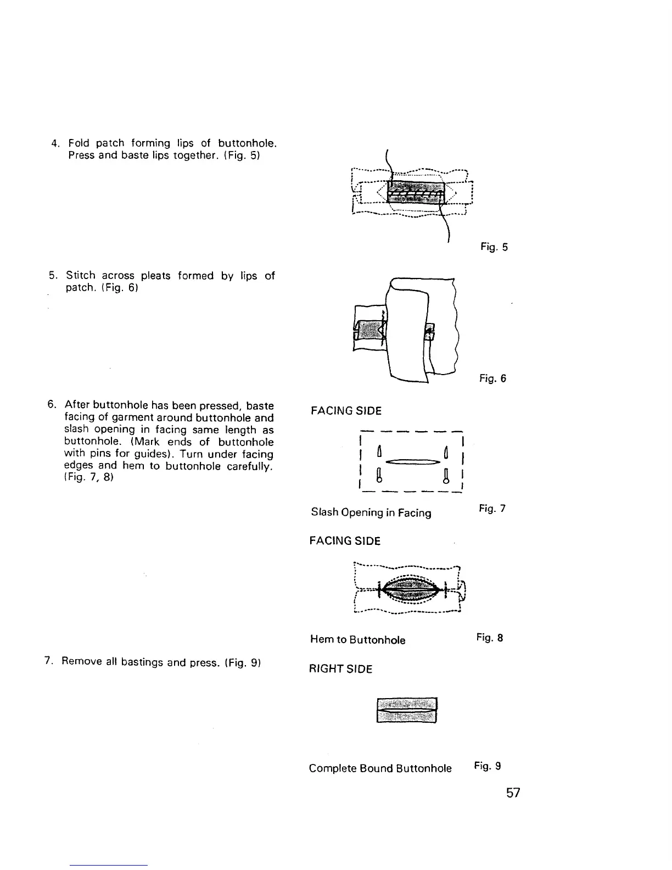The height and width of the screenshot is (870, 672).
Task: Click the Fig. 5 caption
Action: (x=494, y=247)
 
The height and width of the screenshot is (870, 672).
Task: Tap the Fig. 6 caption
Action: (x=492, y=378)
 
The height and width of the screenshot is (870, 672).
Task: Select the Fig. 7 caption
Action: (x=491, y=509)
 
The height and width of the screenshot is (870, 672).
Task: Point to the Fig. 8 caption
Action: (x=490, y=638)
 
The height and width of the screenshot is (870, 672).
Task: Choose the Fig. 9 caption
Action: (x=487, y=766)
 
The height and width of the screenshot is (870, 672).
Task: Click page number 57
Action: (x=513, y=793)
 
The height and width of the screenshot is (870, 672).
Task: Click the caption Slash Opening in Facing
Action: (x=371, y=512)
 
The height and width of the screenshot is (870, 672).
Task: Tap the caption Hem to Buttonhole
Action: (x=357, y=640)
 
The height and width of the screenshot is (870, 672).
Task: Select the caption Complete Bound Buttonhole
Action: (x=380, y=768)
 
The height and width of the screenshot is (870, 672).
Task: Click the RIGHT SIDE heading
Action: (x=340, y=669)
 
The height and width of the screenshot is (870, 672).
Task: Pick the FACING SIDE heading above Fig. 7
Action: (x=346, y=411)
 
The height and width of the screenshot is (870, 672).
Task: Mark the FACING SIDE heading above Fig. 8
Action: (x=345, y=541)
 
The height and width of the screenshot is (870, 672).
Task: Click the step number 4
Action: (x=54, y=144)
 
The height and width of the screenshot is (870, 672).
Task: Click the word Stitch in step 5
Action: (x=81, y=276)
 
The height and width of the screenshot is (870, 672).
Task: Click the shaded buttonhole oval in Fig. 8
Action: (x=410, y=589)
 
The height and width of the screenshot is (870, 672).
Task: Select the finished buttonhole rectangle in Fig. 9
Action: (x=406, y=711)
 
